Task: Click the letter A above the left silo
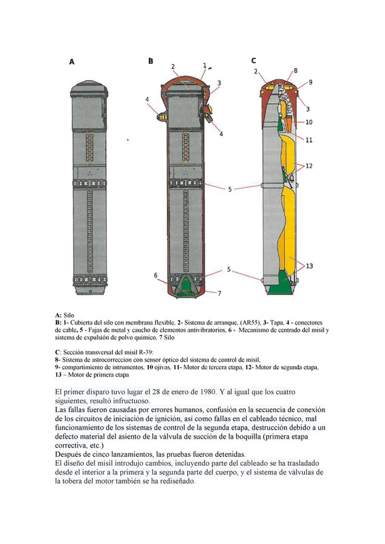tap(71, 62)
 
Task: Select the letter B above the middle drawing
tap(151, 61)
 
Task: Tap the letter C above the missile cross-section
tap(254, 61)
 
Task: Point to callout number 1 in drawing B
tap(205, 65)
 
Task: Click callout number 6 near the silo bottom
tap(156, 275)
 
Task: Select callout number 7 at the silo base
tap(220, 293)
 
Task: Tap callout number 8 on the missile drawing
tap(295, 71)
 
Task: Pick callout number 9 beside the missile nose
tap(310, 82)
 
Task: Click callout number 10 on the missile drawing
tap(309, 122)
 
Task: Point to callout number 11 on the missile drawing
tap(309, 140)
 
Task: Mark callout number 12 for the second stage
tap(309, 166)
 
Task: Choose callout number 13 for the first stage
tap(309, 266)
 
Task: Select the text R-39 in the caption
tap(145, 352)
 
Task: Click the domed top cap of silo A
tap(89, 90)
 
